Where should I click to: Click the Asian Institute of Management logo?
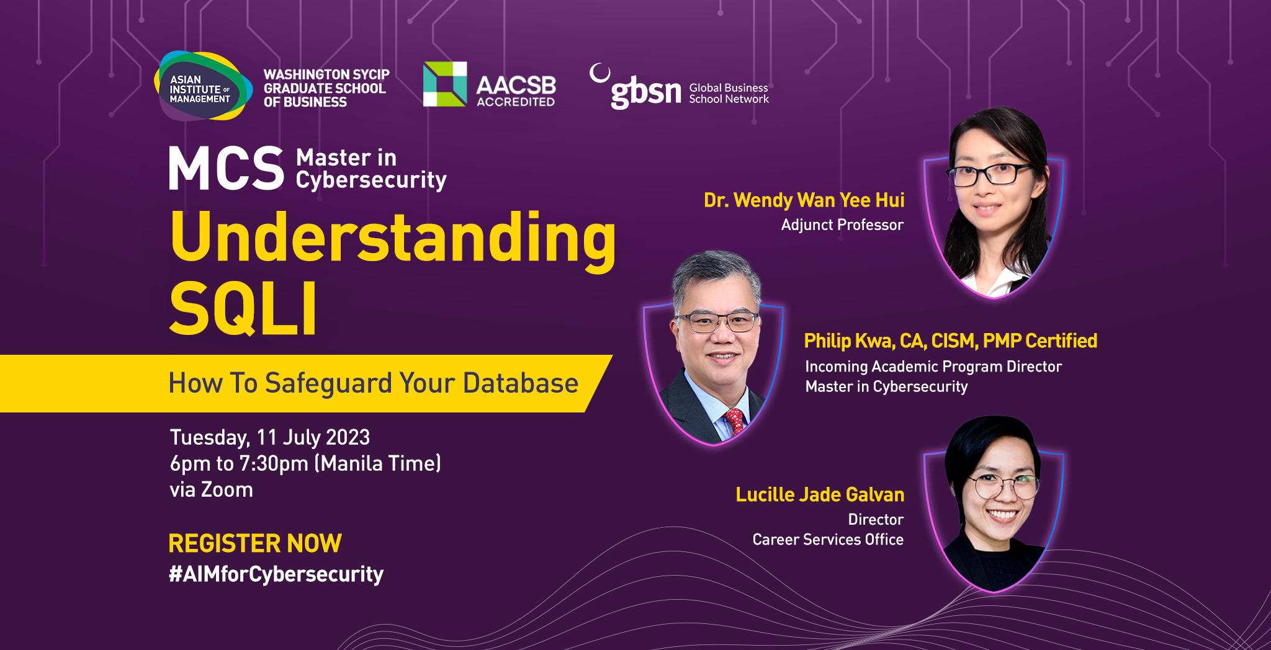click(x=203, y=86)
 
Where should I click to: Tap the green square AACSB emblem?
click(x=445, y=84)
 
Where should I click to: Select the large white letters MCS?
click(x=226, y=168)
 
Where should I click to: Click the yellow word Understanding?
click(x=393, y=239)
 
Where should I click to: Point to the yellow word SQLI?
click(x=243, y=308)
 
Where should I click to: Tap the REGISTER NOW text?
click(x=255, y=543)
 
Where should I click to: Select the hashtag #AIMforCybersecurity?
click(x=276, y=574)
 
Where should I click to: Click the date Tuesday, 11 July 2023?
click(x=270, y=438)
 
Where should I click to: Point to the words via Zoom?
click(x=212, y=490)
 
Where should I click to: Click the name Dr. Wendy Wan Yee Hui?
click(x=804, y=200)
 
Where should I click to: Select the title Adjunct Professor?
click(x=842, y=225)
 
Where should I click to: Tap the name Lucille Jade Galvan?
click(x=820, y=494)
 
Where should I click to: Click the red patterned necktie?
click(x=735, y=422)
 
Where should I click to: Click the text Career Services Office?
click(x=828, y=540)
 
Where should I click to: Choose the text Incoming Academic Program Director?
click(x=933, y=367)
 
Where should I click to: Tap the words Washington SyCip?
click(x=326, y=74)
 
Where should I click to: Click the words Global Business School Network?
click(x=729, y=93)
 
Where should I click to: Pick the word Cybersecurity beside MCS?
click(x=371, y=180)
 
